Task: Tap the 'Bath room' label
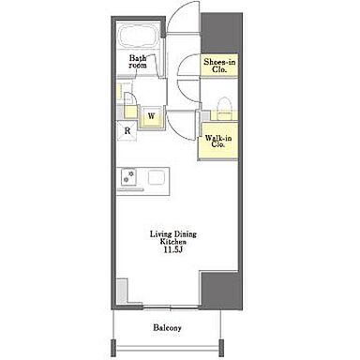138,62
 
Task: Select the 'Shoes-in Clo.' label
219,66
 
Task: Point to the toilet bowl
224,108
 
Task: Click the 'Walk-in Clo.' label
218,142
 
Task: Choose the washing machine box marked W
151,117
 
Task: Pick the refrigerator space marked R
127,131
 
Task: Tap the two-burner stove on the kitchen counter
127,177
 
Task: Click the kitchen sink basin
157,177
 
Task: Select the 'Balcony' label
167,328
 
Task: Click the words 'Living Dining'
173,234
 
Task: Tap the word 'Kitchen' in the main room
173,242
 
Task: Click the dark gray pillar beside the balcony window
220,291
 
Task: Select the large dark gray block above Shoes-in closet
221,33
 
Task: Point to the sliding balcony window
171,307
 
